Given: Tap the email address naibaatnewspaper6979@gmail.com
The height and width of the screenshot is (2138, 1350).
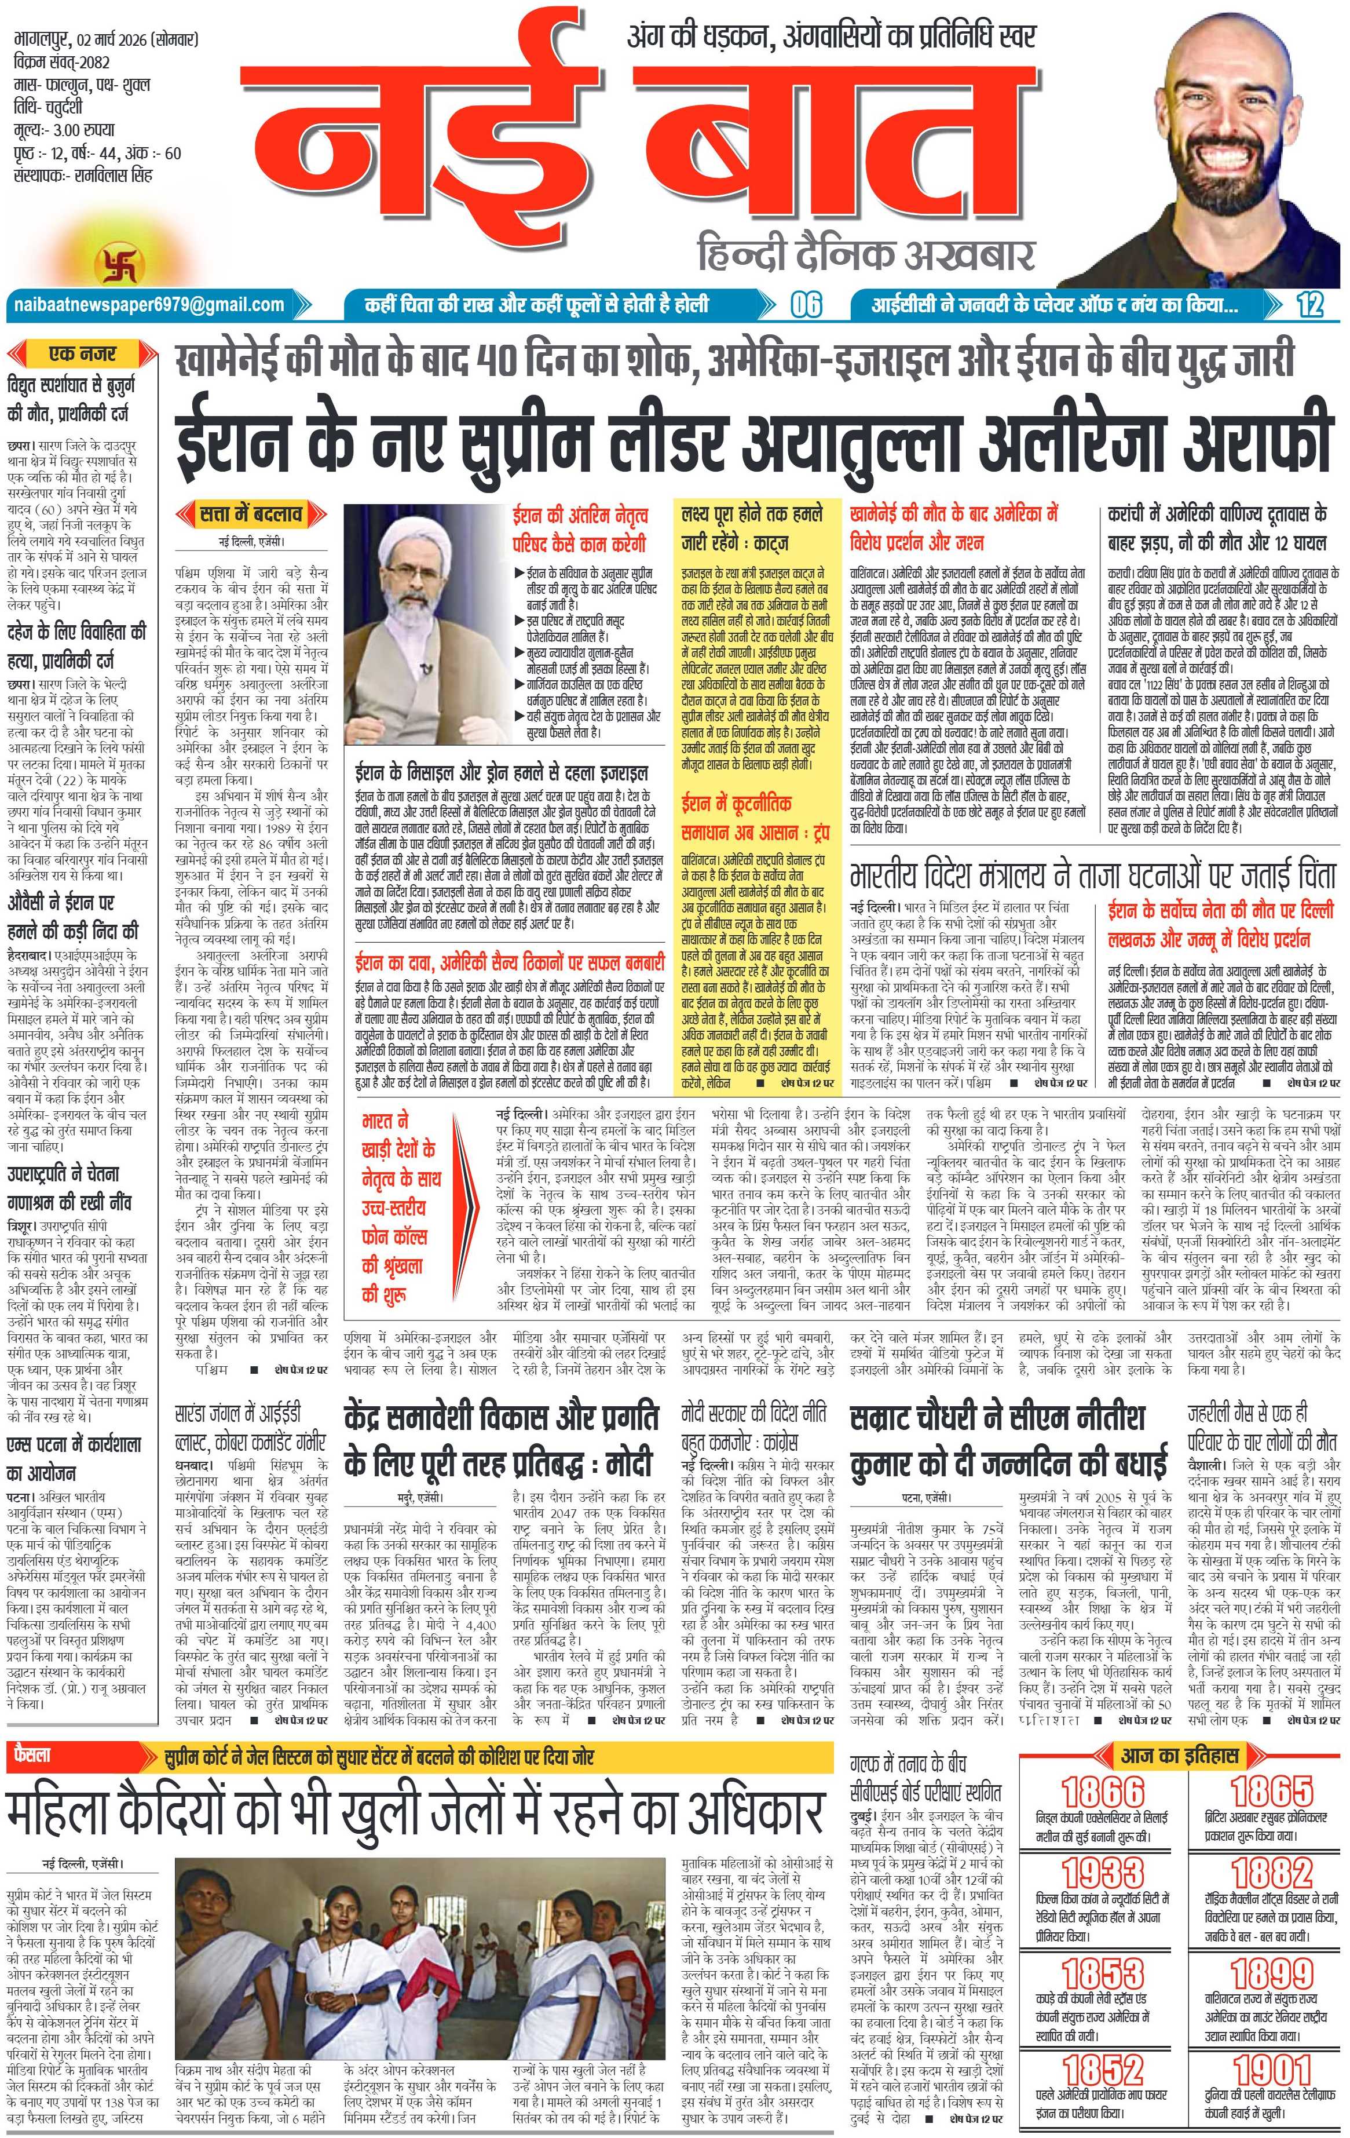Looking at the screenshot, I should coord(147,305).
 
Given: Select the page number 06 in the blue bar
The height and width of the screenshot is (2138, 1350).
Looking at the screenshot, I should coord(806,305).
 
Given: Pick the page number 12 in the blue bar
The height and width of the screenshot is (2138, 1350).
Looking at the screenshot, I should coord(1309,305).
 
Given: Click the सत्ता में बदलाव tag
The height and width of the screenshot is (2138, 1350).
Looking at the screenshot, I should coord(252,513).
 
